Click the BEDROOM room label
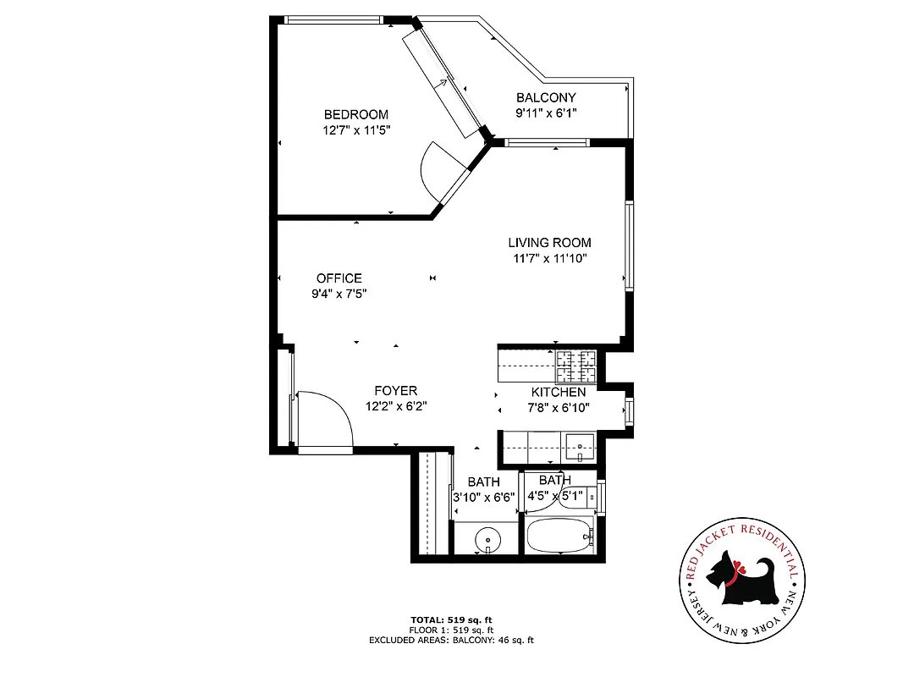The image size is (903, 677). (356, 115)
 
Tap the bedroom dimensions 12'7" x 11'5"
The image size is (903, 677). (356, 130)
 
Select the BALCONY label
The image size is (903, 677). (546, 98)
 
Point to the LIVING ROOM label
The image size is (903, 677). (549, 243)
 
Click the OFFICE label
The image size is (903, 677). (339, 278)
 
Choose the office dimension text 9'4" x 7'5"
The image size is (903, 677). (339, 294)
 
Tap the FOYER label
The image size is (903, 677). (396, 391)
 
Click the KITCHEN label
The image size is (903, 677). (558, 393)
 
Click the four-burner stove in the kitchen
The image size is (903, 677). (576, 366)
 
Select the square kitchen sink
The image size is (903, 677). (581, 445)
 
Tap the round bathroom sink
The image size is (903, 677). (487, 538)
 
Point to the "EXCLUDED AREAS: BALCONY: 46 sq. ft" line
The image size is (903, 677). (451, 641)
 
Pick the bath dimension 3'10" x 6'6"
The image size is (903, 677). (484, 497)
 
